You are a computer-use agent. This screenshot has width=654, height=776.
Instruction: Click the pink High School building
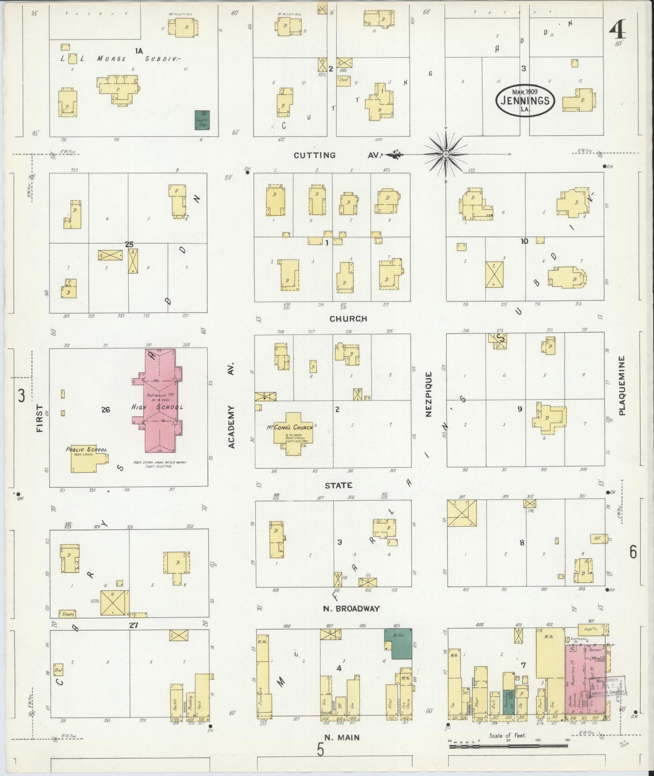click(161, 403)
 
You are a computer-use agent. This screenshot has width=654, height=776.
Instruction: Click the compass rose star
click(445, 154)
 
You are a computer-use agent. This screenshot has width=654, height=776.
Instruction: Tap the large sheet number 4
click(616, 31)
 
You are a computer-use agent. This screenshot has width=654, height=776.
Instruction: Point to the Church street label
click(348, 319)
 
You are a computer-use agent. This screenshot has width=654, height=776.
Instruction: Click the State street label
click(338, 485)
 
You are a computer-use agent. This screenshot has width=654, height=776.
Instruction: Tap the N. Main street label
click(342, 738)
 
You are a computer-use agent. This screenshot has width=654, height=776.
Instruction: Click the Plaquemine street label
click(622, 385)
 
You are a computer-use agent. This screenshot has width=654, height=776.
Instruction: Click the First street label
click(39, 418)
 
